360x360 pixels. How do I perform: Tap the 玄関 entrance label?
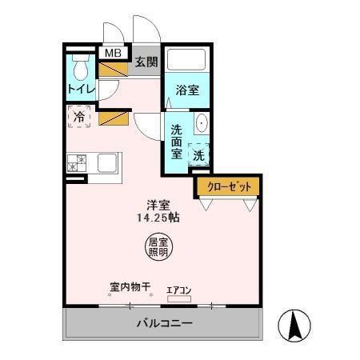146,62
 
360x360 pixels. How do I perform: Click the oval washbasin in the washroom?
202,124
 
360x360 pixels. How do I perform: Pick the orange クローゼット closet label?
229,186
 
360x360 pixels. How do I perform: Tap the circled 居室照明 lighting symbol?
158,246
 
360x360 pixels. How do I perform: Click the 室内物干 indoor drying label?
130,286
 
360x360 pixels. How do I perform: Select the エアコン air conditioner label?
178,290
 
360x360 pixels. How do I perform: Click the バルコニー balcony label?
164,324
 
